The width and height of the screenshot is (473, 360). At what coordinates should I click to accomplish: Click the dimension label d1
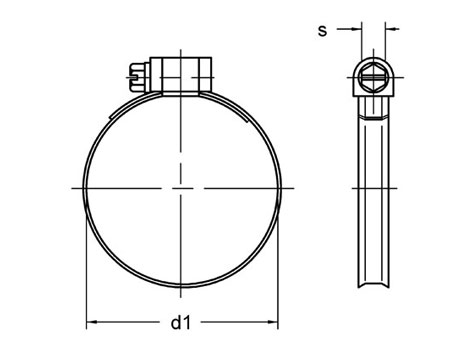click(180, 323)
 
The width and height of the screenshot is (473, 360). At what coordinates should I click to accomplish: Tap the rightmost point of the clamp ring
click(276, 187)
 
